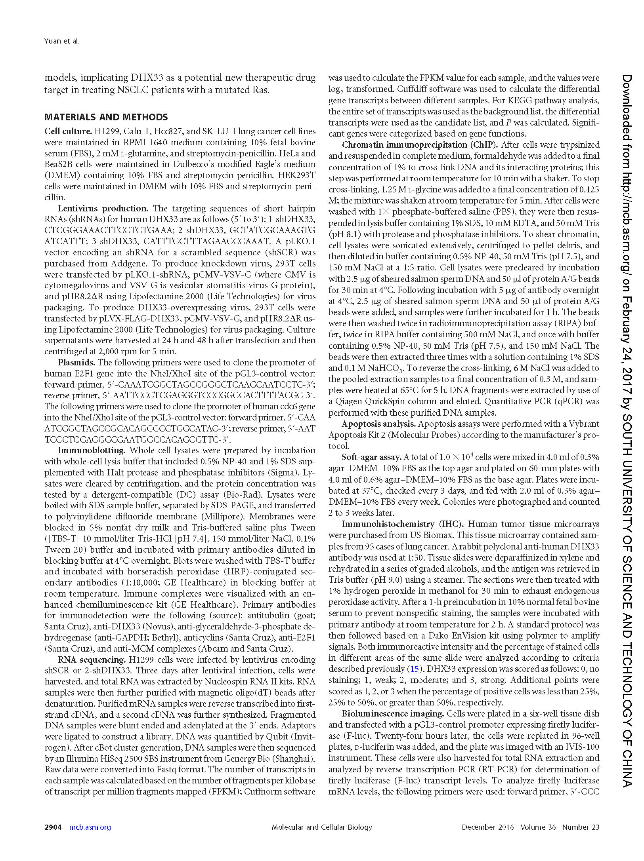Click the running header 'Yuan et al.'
[x=61, y=41]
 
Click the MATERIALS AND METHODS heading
[x=106, y=117]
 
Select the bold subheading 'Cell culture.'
[x=68, y=131]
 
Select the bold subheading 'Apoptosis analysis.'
[x=378, y=424]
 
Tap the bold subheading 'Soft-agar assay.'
[x=371, y=457]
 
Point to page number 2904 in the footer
[x=53, y=827]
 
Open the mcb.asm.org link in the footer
[x=90, y=827]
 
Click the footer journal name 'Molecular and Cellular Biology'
[x=322, y=827]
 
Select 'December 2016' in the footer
[x=487, y=827]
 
